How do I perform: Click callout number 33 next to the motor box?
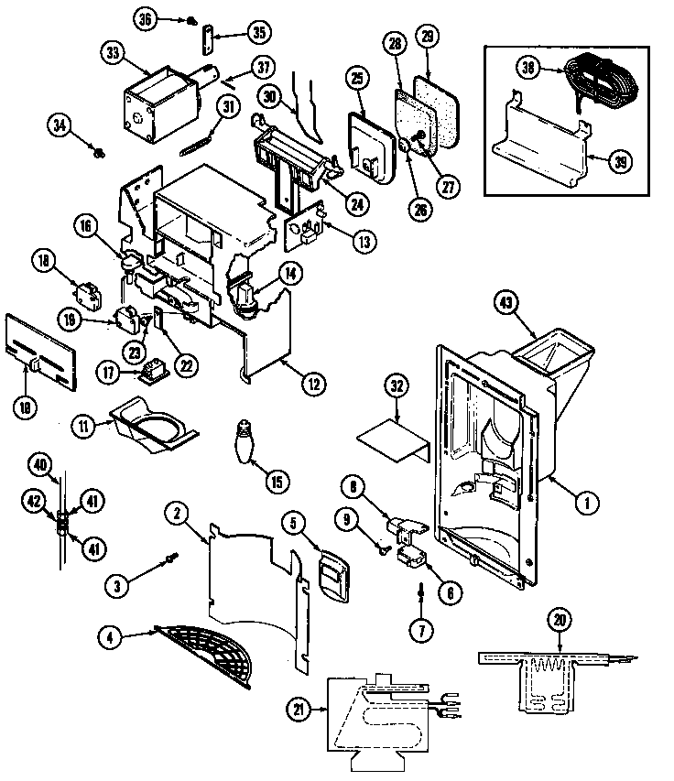tap(113, 54)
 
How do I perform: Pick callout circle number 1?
tap(581, 501)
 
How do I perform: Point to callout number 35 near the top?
tap(259, 35)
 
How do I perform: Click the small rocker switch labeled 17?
tap(152, 372)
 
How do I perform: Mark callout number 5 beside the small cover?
tap(294, 524)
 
